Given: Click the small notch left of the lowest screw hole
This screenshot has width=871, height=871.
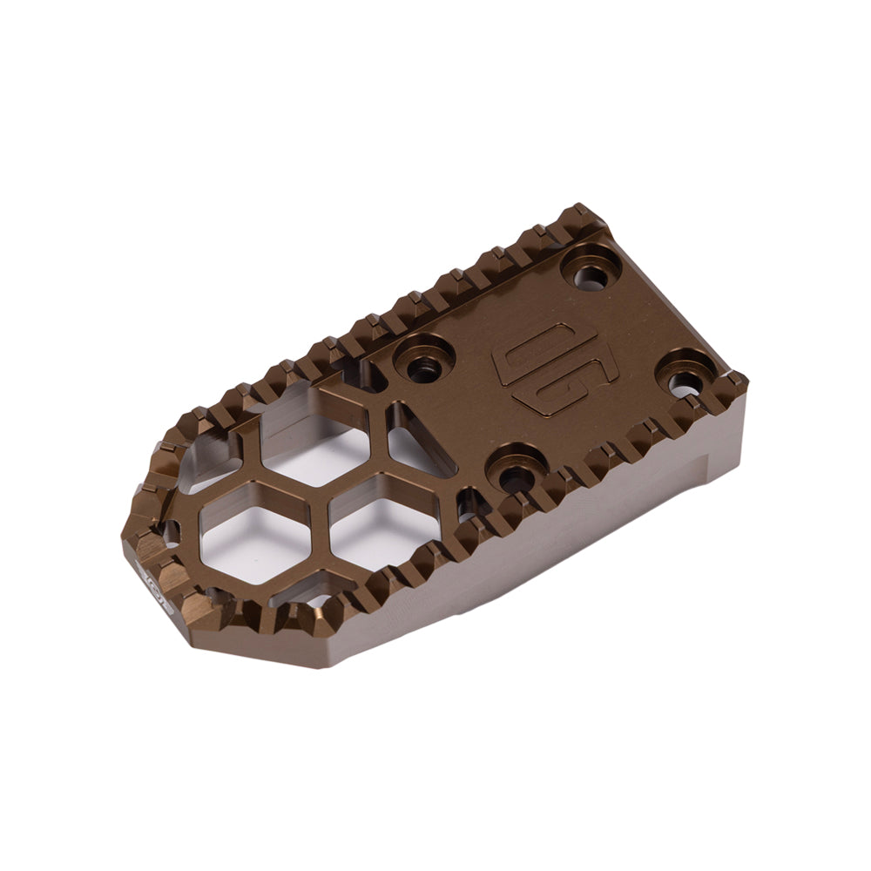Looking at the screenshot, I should pyautogui.click(x=469, y=505).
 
